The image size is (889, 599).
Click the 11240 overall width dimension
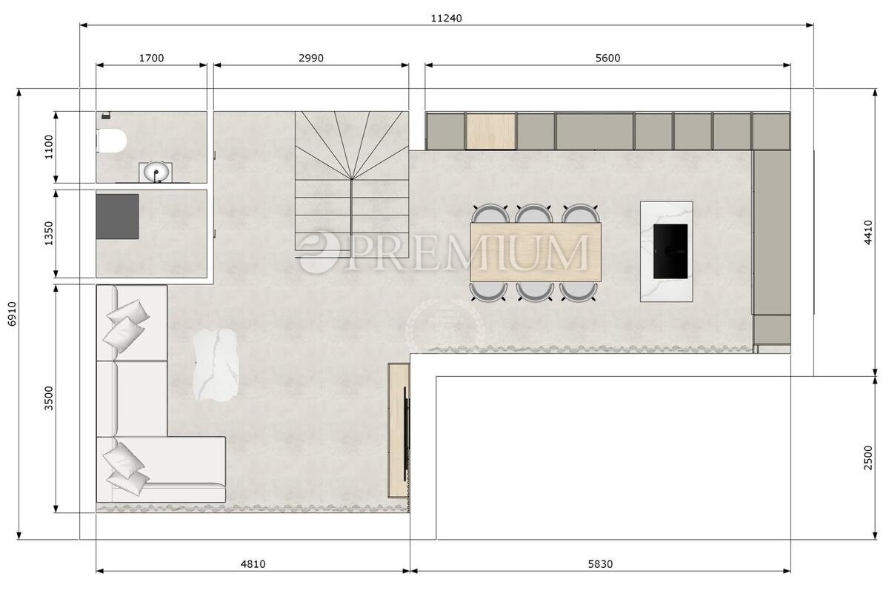pos(446,19)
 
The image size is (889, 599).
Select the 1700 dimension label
pos(151,58)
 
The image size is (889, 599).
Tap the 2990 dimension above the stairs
pos(310,58)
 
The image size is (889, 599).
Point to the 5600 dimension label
pos(607,58)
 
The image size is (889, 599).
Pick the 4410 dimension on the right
pos(868,232)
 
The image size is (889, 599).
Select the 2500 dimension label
pos(868,457)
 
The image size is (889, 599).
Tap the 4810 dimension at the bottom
pos(253,564)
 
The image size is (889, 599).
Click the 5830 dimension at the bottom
pos(600,564)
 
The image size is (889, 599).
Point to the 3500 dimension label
pos(49,398)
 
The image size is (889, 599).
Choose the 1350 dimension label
pos(49,233)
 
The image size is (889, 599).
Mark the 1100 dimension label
pos(49,147)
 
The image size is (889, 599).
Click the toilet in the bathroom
pos(111,140)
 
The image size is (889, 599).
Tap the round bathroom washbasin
pos(156,173)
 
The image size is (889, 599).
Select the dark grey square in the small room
pos(117,216)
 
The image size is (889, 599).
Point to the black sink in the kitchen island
pos(670,251)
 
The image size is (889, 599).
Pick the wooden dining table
pos(535,252)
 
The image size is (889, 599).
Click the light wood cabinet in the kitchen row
pos(490,131)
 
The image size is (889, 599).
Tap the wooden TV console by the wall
pos(398,429)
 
